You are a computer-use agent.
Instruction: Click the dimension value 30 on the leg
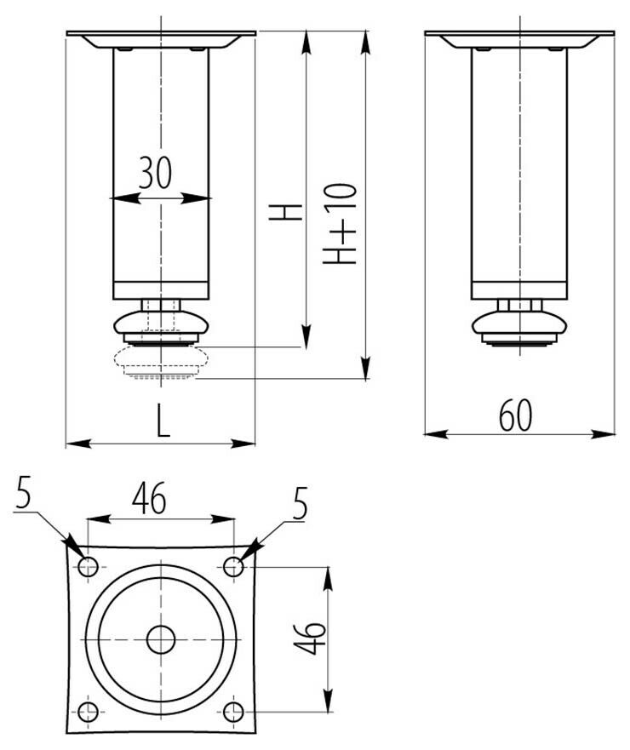155,173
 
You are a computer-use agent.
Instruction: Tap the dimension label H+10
340,223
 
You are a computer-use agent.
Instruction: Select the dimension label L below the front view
163,421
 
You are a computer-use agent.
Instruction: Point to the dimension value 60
516,415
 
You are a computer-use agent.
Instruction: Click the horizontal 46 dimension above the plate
149,498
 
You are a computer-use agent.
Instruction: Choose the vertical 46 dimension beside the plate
309,638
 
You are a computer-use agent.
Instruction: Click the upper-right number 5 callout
300,504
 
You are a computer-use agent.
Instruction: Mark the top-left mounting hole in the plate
88,567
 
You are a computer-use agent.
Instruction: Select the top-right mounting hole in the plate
233,567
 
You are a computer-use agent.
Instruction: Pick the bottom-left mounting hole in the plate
88,713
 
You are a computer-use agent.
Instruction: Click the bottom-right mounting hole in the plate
233,713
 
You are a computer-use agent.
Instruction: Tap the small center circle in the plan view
161,639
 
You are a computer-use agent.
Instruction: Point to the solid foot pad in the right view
519,328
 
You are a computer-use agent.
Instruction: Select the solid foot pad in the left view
161,328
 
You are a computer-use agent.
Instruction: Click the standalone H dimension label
285,212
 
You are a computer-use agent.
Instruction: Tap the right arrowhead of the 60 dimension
604,434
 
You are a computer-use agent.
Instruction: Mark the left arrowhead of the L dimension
77,444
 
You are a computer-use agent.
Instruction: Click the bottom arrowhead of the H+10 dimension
366,368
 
